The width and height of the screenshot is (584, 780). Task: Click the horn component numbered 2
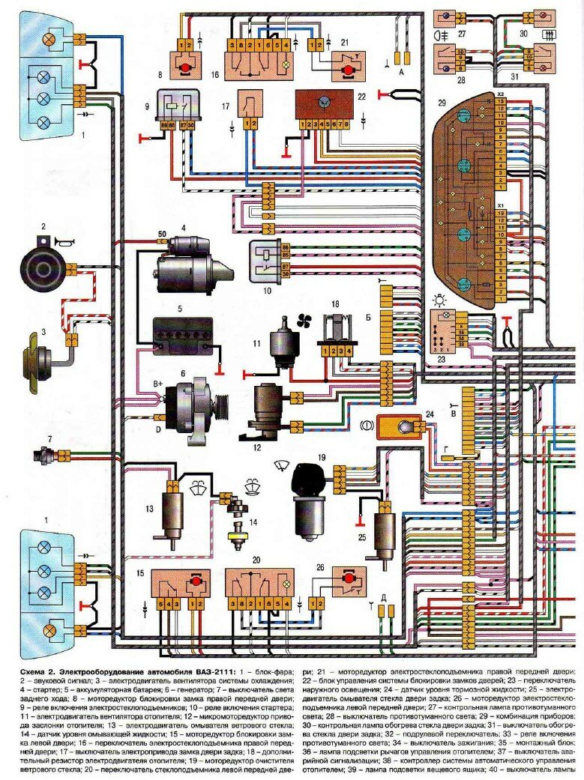pos(43,264)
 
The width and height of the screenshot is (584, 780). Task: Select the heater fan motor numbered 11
pos(286,341)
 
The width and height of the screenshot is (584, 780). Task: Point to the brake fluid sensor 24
pos(399,429)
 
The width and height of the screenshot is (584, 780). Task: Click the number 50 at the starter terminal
pos(161,235)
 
